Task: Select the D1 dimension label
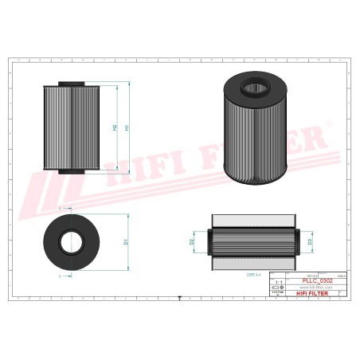(x=127, y=241)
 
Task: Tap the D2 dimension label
(x=192, y=240)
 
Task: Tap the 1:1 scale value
(x=278, y=281)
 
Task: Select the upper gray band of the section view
(x=250, y=220)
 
